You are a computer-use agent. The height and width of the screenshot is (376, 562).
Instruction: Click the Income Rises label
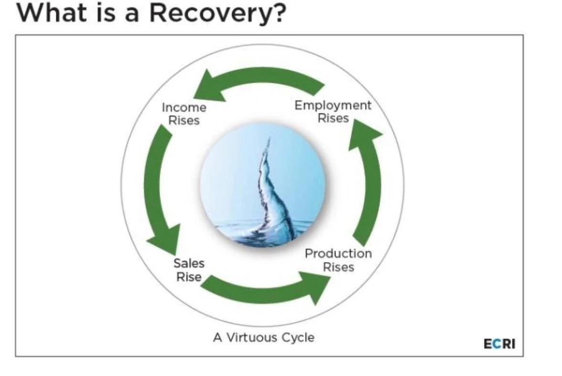click(x=184, y=113)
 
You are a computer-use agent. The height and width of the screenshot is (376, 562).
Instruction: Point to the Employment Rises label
click(x=333, y=111)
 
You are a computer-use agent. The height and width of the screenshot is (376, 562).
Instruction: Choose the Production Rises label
click(x=338, y=260)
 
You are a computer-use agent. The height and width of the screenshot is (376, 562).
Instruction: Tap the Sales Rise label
click(x=189, y=270)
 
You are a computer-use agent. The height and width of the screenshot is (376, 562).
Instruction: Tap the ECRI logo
click(x=500, y=344)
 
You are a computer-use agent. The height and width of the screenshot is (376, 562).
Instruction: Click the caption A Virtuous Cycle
click(x=264, y=337)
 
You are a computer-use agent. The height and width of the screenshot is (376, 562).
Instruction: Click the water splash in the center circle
click(x=270, y=196)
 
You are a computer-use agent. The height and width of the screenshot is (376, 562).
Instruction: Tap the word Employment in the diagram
click(x=333, y=105)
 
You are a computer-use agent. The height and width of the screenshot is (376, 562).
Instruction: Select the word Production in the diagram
click(x=338, y=254)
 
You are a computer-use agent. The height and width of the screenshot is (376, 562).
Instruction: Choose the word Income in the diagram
click(x=184, y=107)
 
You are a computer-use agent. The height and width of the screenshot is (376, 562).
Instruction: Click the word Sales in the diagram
click(x=189, y=263)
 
